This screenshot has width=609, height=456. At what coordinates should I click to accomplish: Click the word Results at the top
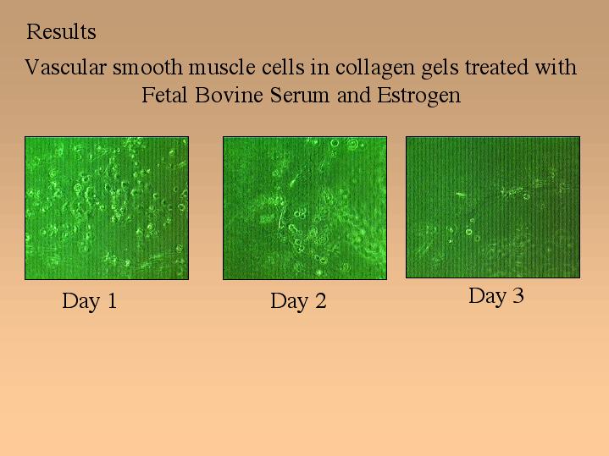coord(61,32)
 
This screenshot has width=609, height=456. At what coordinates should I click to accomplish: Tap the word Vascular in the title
coord(65,67)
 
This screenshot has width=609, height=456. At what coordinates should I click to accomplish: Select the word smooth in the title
coord(147,67)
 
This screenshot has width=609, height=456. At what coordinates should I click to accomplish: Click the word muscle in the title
coord(222,67)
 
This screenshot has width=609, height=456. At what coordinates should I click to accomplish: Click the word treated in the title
coord(496,67)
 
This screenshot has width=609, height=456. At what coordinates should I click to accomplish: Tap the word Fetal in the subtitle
coord(164,95)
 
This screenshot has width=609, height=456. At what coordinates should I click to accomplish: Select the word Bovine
coord(229,95)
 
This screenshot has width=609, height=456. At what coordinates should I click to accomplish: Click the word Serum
coord(300,95)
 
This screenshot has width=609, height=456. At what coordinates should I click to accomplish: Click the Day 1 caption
coord(90,301)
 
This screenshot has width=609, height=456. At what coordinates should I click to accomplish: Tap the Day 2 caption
coord(298,301)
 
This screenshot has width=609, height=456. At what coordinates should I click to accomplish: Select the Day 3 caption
coord(496,296)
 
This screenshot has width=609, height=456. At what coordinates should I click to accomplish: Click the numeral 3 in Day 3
coord(518,295)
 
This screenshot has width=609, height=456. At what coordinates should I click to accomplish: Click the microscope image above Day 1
coord(107,208)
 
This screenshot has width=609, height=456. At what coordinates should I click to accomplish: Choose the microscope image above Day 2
coord(305,208)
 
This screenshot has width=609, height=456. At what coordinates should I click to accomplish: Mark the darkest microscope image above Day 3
coord(493,207)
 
